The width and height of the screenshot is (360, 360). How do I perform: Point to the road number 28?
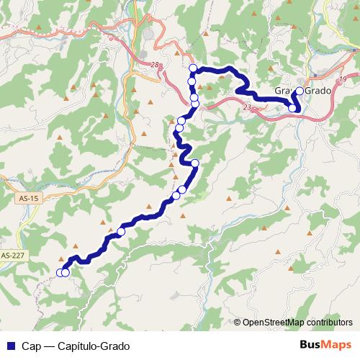click(x=155, y=66)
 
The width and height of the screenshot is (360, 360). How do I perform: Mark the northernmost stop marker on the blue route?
click(x=193, y=68)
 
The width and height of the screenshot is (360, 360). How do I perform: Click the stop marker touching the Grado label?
click(x=300, y=91)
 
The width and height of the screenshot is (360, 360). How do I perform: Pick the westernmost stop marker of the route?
click(x=60, y=272)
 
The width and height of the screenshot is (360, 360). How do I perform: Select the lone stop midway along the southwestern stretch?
click(x=121, y=232)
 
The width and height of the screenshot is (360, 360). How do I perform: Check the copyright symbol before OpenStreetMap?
click(x=237, y=322)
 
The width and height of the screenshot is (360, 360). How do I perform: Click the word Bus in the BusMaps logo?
click(x=311, y=345)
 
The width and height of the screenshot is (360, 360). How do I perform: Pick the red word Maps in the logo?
click(x=338, y=345)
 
